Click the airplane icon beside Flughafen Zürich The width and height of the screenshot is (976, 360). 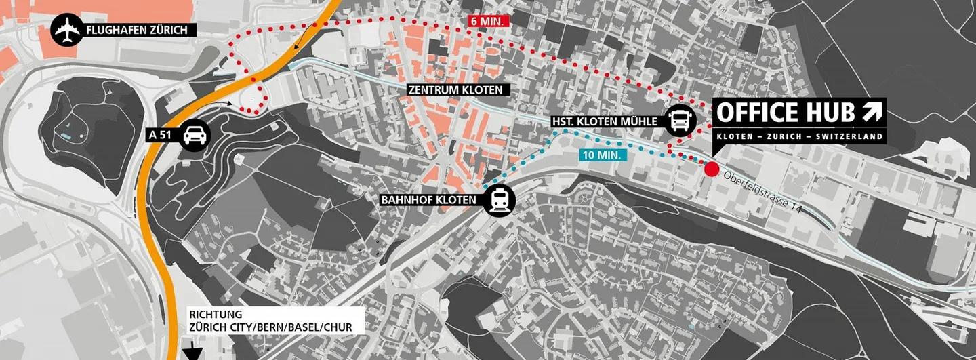tap(67, 30)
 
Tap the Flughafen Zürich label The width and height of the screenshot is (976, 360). tap(140, 30)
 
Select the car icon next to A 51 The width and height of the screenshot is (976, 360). tap(195, 134)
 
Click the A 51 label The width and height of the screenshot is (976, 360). tap(161, 134)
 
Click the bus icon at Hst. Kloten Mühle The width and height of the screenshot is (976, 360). tap(680, 121)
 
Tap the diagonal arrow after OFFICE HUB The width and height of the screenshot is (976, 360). tap(872, 112)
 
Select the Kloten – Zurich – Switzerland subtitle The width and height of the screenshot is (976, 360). tap(800, 136)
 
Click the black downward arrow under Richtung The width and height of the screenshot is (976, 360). tap(195, 351)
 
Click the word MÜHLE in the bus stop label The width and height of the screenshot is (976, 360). tap(642, 121)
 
